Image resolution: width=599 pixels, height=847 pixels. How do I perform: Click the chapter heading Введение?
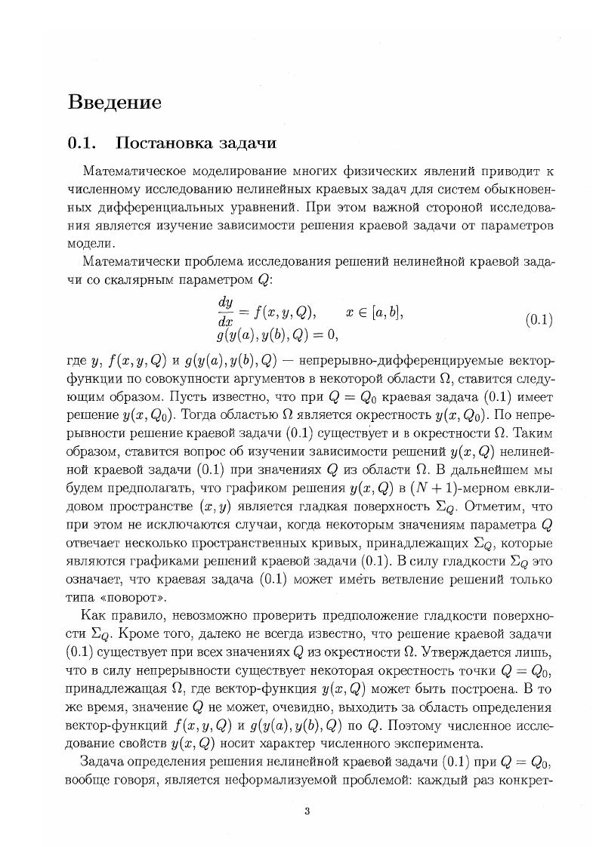114,102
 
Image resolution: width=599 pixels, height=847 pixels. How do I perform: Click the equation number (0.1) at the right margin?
539,319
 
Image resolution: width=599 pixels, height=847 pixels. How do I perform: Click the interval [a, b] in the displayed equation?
369,312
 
